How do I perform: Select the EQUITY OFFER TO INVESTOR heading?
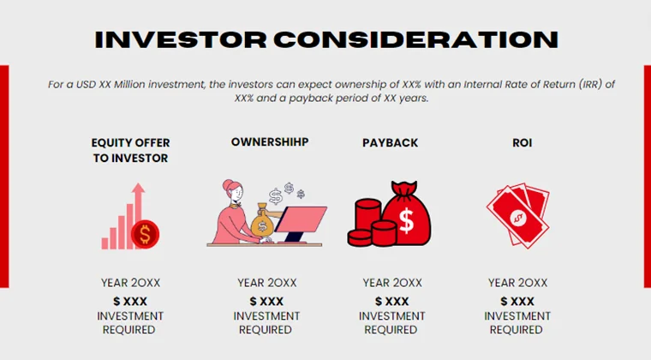(129, 150)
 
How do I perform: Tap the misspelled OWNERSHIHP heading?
(270, 141)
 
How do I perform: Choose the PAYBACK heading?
(390, 142)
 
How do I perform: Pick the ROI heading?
(522, 142)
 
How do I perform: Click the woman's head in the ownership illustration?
(233, 191)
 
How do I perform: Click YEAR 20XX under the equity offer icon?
(129, 282)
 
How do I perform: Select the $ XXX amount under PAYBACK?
(392, 301)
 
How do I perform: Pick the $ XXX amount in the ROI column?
(517, 301)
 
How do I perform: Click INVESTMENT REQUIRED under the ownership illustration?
(266, 322)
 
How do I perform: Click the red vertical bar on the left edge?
(4, 176)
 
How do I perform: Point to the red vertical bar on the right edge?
(647, 176)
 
